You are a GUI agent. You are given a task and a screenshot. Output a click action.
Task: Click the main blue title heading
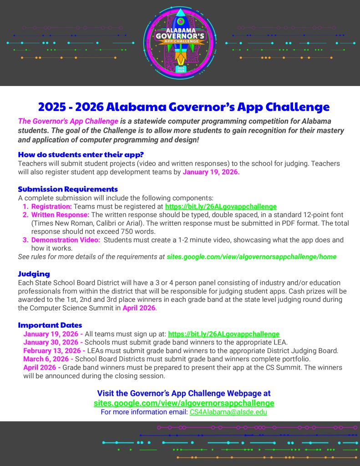[x=183, y=107]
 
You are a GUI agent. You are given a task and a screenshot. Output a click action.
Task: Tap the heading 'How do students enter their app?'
[x=81, y=154]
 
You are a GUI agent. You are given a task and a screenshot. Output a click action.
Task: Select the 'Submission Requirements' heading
[x=68, y=189]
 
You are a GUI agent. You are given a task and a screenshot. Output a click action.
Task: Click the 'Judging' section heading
[x=34, y=274]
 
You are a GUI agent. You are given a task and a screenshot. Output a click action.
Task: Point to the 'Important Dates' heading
[x=50, y=325]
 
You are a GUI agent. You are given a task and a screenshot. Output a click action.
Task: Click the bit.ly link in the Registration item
[x=221, y=206]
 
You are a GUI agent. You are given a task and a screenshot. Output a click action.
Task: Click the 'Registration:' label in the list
[x=51, y=206]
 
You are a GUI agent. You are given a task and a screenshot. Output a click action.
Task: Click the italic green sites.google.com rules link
[x=252, y=257]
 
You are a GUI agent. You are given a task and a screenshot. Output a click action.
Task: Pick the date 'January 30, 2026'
[x=51, y=342]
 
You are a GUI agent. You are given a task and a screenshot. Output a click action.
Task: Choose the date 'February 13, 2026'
[x=53, y=350]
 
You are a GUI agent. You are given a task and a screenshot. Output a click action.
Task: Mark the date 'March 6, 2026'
[x=47, y=359]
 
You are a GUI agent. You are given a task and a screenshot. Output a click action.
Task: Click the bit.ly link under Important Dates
[x=223, y=334]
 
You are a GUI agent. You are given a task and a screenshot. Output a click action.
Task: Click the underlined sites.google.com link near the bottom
[x=184, y=403]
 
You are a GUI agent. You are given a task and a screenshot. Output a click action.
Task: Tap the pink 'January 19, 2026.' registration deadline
[x=211, y=172]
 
